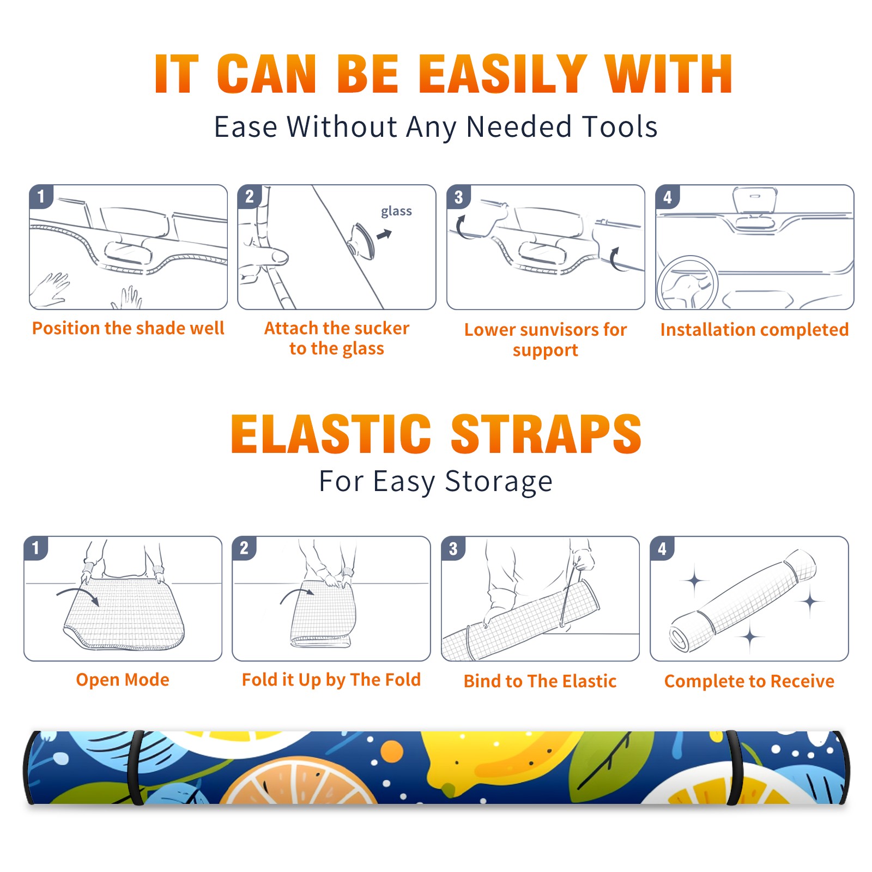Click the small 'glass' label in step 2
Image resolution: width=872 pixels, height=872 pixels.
(396, 211)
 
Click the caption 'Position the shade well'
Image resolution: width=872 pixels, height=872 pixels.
(128, 328)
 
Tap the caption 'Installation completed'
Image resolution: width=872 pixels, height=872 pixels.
(754, 330)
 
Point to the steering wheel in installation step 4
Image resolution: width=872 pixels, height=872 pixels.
(688, 282)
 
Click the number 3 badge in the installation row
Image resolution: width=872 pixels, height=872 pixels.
(459, 197)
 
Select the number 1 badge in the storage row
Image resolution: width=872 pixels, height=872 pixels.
(36, 548)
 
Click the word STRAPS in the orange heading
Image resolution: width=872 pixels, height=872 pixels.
(546, 434)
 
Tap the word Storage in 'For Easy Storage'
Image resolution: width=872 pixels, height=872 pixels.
(499, 482)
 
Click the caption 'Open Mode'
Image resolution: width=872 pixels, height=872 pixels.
(123, 680)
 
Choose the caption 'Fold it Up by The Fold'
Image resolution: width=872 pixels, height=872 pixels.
(331, 680)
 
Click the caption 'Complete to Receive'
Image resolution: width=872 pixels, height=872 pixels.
(749, 681)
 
